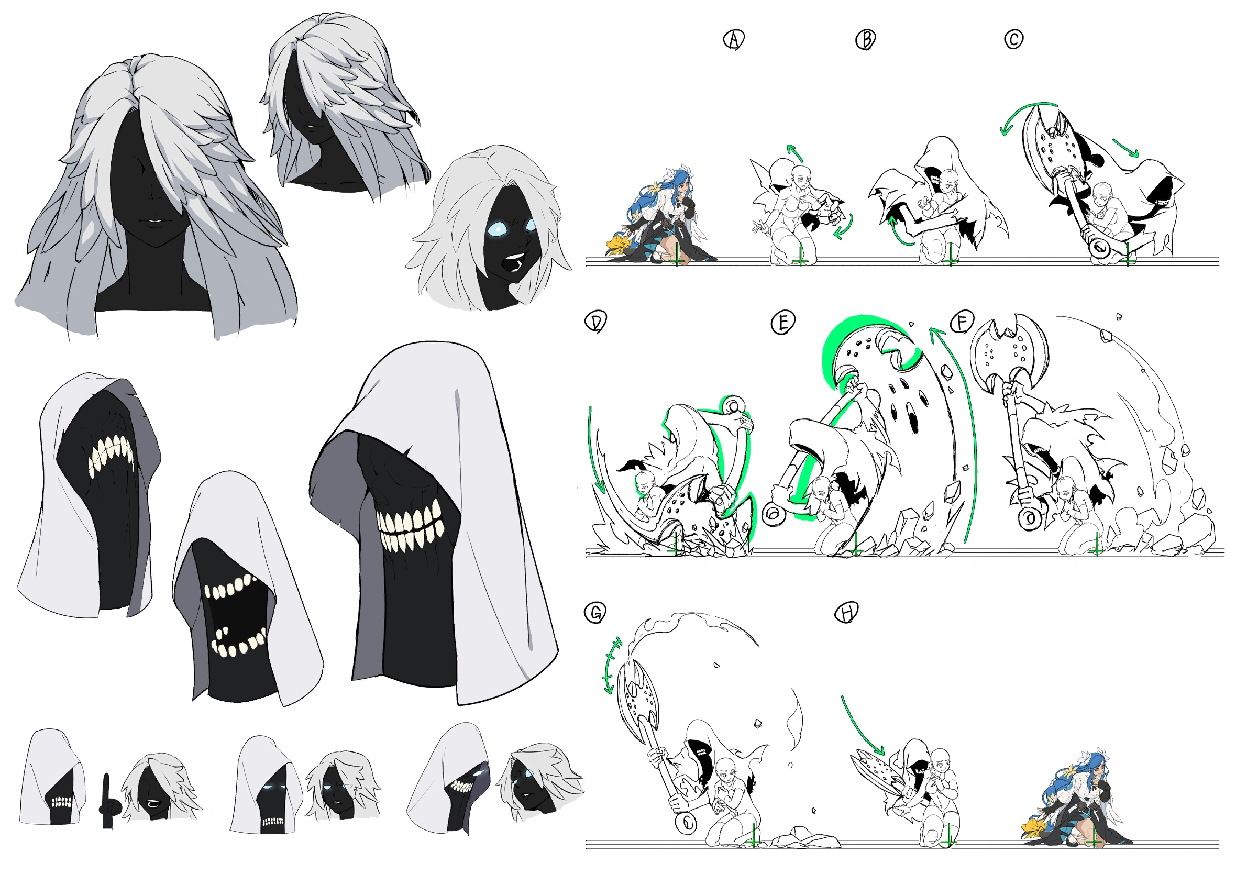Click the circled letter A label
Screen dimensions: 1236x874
coord(733,40)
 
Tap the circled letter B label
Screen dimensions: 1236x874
coord(866,40)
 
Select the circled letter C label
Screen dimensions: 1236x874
coord(1013,39)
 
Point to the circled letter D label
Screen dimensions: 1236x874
coord(595,322)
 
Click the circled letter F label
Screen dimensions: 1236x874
coord(962,323)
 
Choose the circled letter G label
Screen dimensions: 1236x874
coord(595,613)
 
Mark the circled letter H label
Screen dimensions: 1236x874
coord(846,613)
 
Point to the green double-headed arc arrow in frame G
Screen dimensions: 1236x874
coord(612,666)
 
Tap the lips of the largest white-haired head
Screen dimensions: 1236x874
coord(155,222)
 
